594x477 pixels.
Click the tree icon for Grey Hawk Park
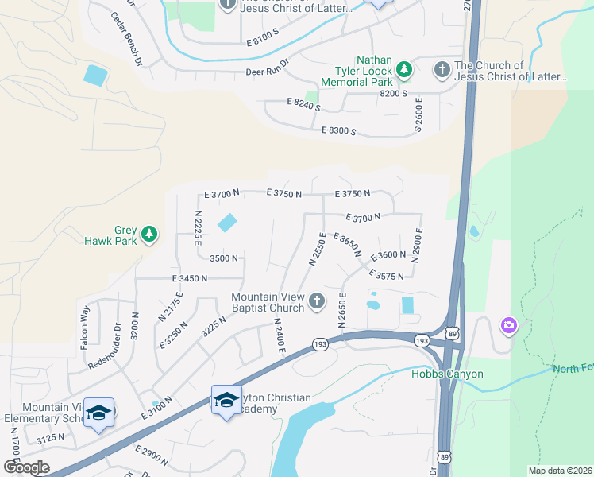coord(148,235)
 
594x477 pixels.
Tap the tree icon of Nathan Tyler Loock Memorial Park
coord(405,70)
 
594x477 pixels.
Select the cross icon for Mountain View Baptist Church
coord(317,300)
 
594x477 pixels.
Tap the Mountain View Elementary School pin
coord(99,413)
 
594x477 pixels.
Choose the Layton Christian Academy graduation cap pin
coord(226,400)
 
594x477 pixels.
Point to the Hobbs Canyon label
coord(447,374)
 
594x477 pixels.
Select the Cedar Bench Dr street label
coord(126,39)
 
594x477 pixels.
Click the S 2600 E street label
coord(418,115)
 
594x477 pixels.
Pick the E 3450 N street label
coord(189,278)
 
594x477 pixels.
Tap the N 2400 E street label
coord(279,335)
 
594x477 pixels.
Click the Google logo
coord(26,467)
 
